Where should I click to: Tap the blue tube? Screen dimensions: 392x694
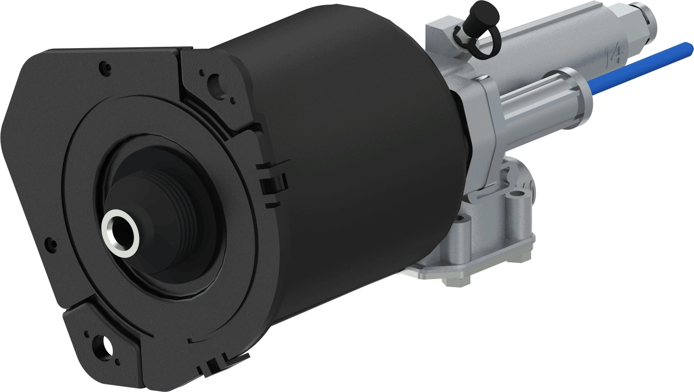pos(638,67)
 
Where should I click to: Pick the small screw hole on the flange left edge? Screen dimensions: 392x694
pos(48,244)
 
